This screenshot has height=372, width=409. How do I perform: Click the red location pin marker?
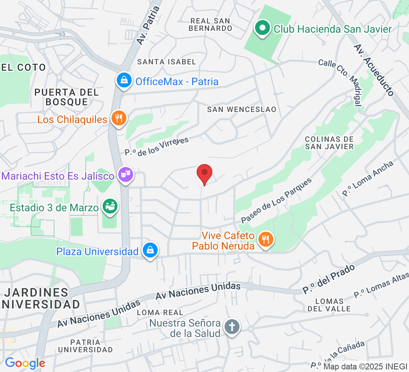point(204,173)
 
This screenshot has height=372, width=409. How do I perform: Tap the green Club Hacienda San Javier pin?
point(263,28)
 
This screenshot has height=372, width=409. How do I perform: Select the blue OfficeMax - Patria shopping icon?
point(123,80)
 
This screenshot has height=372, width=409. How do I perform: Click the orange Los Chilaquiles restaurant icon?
point(119,118)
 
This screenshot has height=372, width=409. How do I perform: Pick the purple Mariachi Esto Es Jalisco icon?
point(126,174)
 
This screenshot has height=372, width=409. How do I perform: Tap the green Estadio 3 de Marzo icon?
point(110,206)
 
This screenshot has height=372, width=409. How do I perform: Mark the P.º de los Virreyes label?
point(157,146)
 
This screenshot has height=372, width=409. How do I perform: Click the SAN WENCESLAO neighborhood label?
point(242,109)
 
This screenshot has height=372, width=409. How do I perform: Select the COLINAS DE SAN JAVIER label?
point(329,143)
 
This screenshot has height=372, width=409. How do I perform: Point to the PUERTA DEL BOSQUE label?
point(67,97)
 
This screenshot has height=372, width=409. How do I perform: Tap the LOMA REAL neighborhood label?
point(160,312)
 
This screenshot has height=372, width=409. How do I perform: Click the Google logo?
point(25,363)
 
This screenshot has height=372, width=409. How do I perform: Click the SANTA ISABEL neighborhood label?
point(166,62)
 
